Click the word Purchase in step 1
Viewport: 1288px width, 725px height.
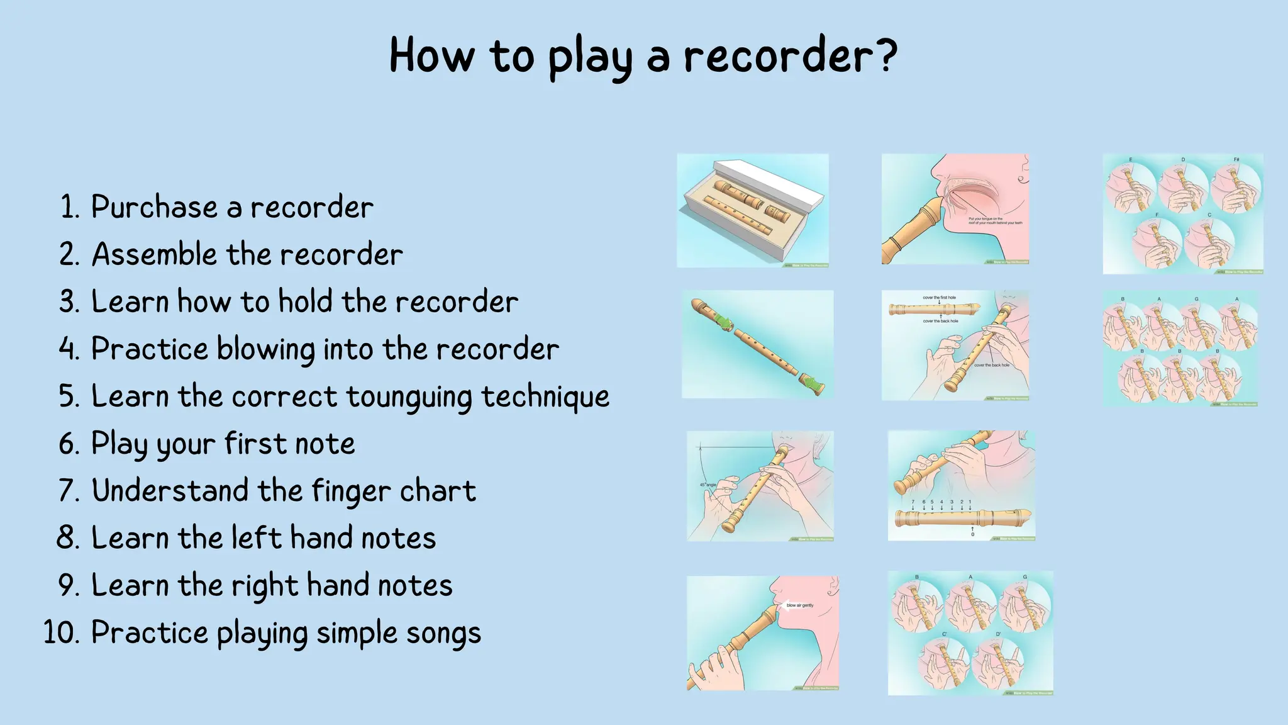coord(154,207)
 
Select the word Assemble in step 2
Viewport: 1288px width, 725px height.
coord(155,254)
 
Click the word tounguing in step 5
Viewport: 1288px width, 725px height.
coord(409,397)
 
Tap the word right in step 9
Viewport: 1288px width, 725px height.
coord(265,586)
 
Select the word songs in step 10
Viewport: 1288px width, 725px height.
coord(443,633)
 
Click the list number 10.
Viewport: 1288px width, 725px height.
coord(61,632)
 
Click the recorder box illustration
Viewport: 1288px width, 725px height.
coord(753,210)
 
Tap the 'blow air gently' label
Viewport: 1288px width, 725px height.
coord(800,605)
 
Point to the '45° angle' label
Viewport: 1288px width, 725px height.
coord(708,485)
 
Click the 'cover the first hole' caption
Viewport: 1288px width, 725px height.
coord(939,298)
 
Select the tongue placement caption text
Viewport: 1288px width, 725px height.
coord(995,221)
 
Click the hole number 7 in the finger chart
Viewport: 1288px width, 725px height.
coord(913,502)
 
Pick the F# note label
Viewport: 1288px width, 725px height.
coord(1236,160)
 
